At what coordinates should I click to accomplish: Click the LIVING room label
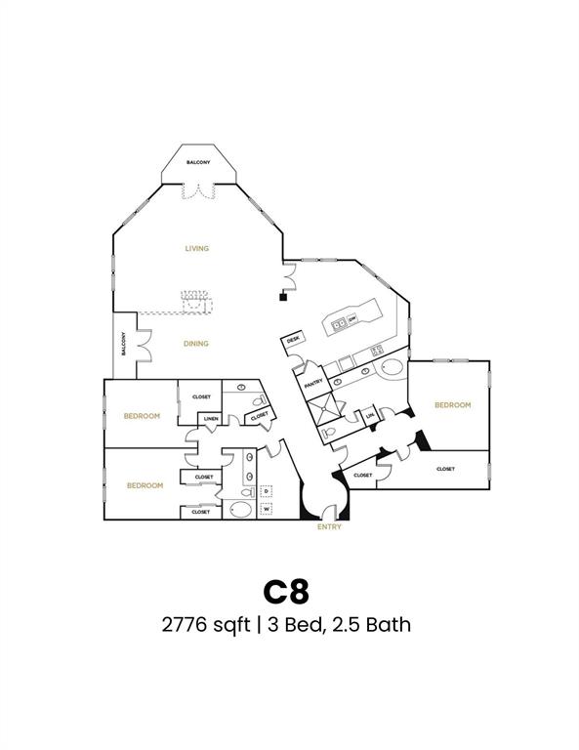pos(197,248)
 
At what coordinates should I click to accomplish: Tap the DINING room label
pos(196,343)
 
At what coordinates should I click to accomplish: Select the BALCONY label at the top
pos(199,162)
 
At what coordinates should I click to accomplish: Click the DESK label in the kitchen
pos(292,339)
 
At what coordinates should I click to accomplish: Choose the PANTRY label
pos(313,383)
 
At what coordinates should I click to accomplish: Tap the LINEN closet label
pos(210,420)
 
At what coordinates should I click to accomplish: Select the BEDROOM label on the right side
pos(452,404)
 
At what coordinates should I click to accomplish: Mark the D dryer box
pos(266,490)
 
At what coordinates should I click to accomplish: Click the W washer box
pos(266,508)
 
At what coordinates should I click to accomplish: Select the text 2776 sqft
pos(204,625)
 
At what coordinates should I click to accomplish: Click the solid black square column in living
pos(282,299)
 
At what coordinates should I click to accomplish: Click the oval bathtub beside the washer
pos(239,509)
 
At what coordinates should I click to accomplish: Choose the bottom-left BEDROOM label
pos(145,484)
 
